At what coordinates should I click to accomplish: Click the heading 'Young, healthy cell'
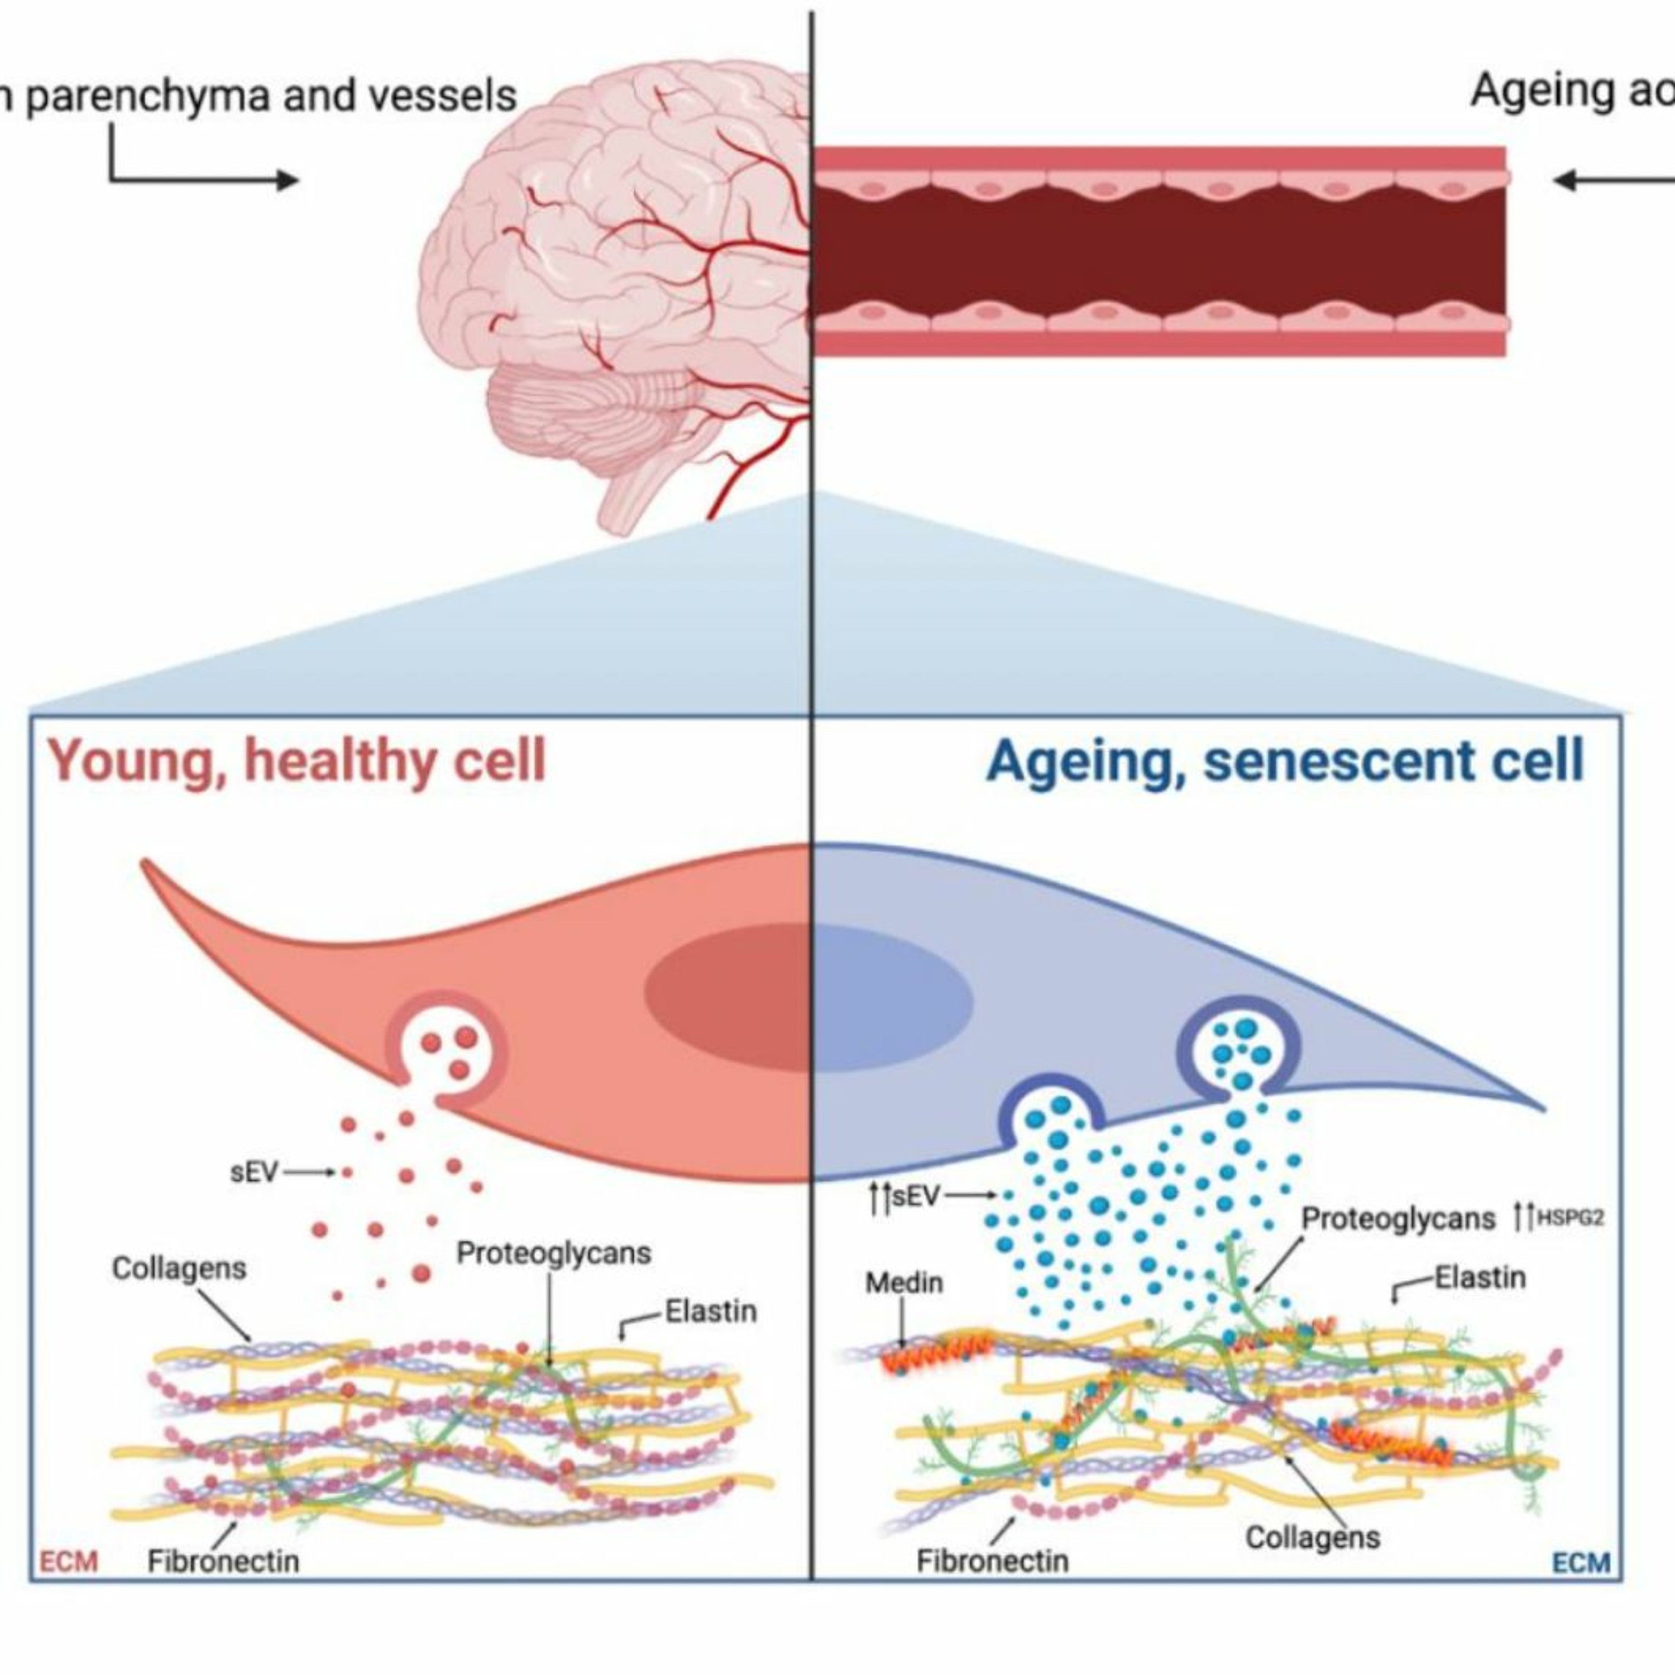click(296, 761)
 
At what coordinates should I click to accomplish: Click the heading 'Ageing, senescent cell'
click(1285, 761)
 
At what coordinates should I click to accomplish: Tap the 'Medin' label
click(903, 1282)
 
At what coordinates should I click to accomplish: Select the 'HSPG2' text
click(1570, 1218)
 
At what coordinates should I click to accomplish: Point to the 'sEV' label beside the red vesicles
click(254, 1172)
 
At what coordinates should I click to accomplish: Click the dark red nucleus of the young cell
click(728, 997)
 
